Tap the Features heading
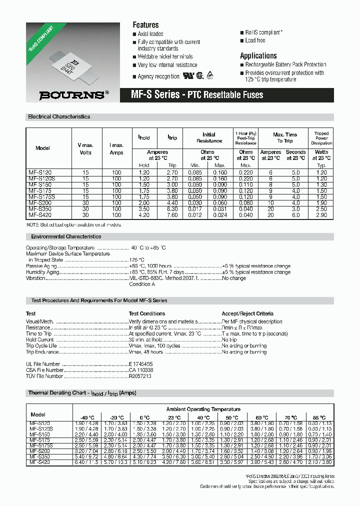click(x=145, y=25)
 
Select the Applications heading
click(x=258, y=56)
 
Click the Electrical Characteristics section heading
click(x=59, y=116)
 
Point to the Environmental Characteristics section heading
click(x=66, y=236)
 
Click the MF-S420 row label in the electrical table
click(x=40, y=215)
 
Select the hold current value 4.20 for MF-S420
click(x=144, y=215)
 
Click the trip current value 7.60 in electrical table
click(x=172, y=215)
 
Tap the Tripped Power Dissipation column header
click(x=321, y=138)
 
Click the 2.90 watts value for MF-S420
click(x=321, y=215)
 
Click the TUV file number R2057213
click(x=140, y=376)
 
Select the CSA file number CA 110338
click(x=141, y=370)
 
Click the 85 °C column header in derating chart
click(x=319, y=417)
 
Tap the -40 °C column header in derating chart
click(x=86, y=417)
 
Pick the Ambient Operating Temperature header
click(x=203, y=409)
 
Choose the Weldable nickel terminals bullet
click(x=165, y=56)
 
